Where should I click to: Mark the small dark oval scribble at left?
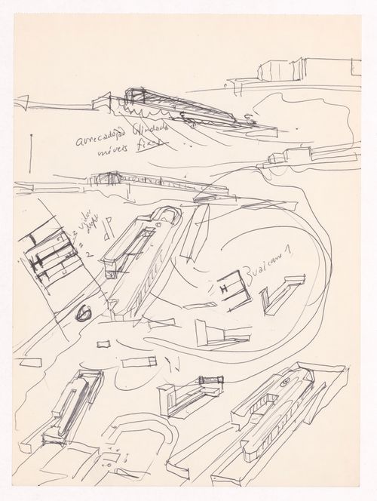pyautogui.click(x=84, y=310)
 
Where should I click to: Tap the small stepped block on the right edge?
pyautogui.click(x=290, y=156)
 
